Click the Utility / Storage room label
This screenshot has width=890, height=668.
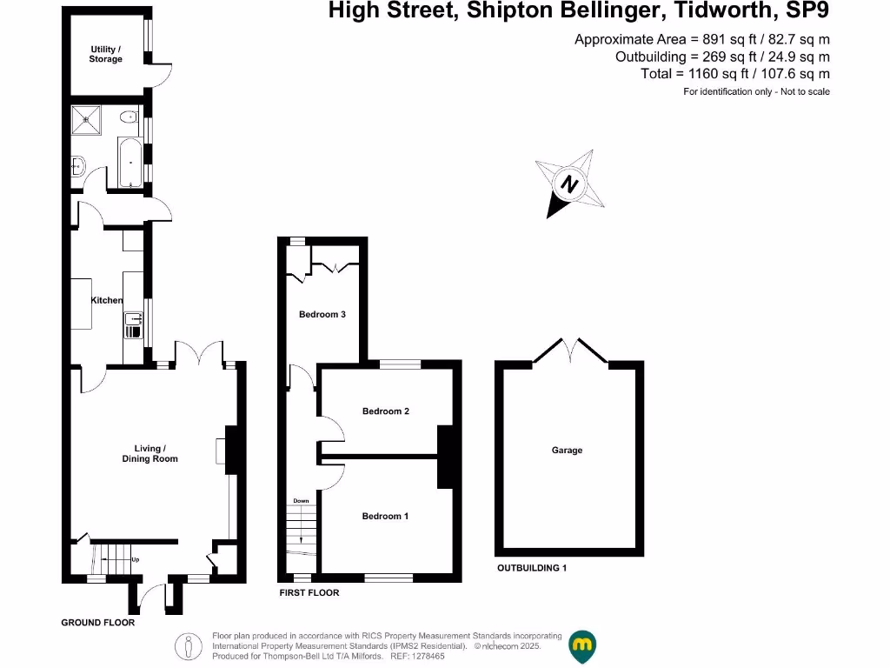(105, 54)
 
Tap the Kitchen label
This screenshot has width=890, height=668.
(107, 300)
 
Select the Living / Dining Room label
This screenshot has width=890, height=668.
(149, 453)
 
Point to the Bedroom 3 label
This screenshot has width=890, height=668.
(322, 314)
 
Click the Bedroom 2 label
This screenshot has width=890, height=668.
(386, 411)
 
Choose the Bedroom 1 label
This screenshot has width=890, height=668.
(385, 516)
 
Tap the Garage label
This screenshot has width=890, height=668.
(567, 451)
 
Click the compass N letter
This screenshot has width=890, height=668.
(569, 185)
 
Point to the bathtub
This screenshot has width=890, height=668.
(129, 163)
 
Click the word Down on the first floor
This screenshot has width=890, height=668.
(301, 501)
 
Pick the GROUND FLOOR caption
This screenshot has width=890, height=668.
(97, 623)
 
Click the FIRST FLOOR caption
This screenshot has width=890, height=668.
(309, 592)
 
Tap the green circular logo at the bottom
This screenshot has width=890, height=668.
(582, 645)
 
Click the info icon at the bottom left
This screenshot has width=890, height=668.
(189, 646)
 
